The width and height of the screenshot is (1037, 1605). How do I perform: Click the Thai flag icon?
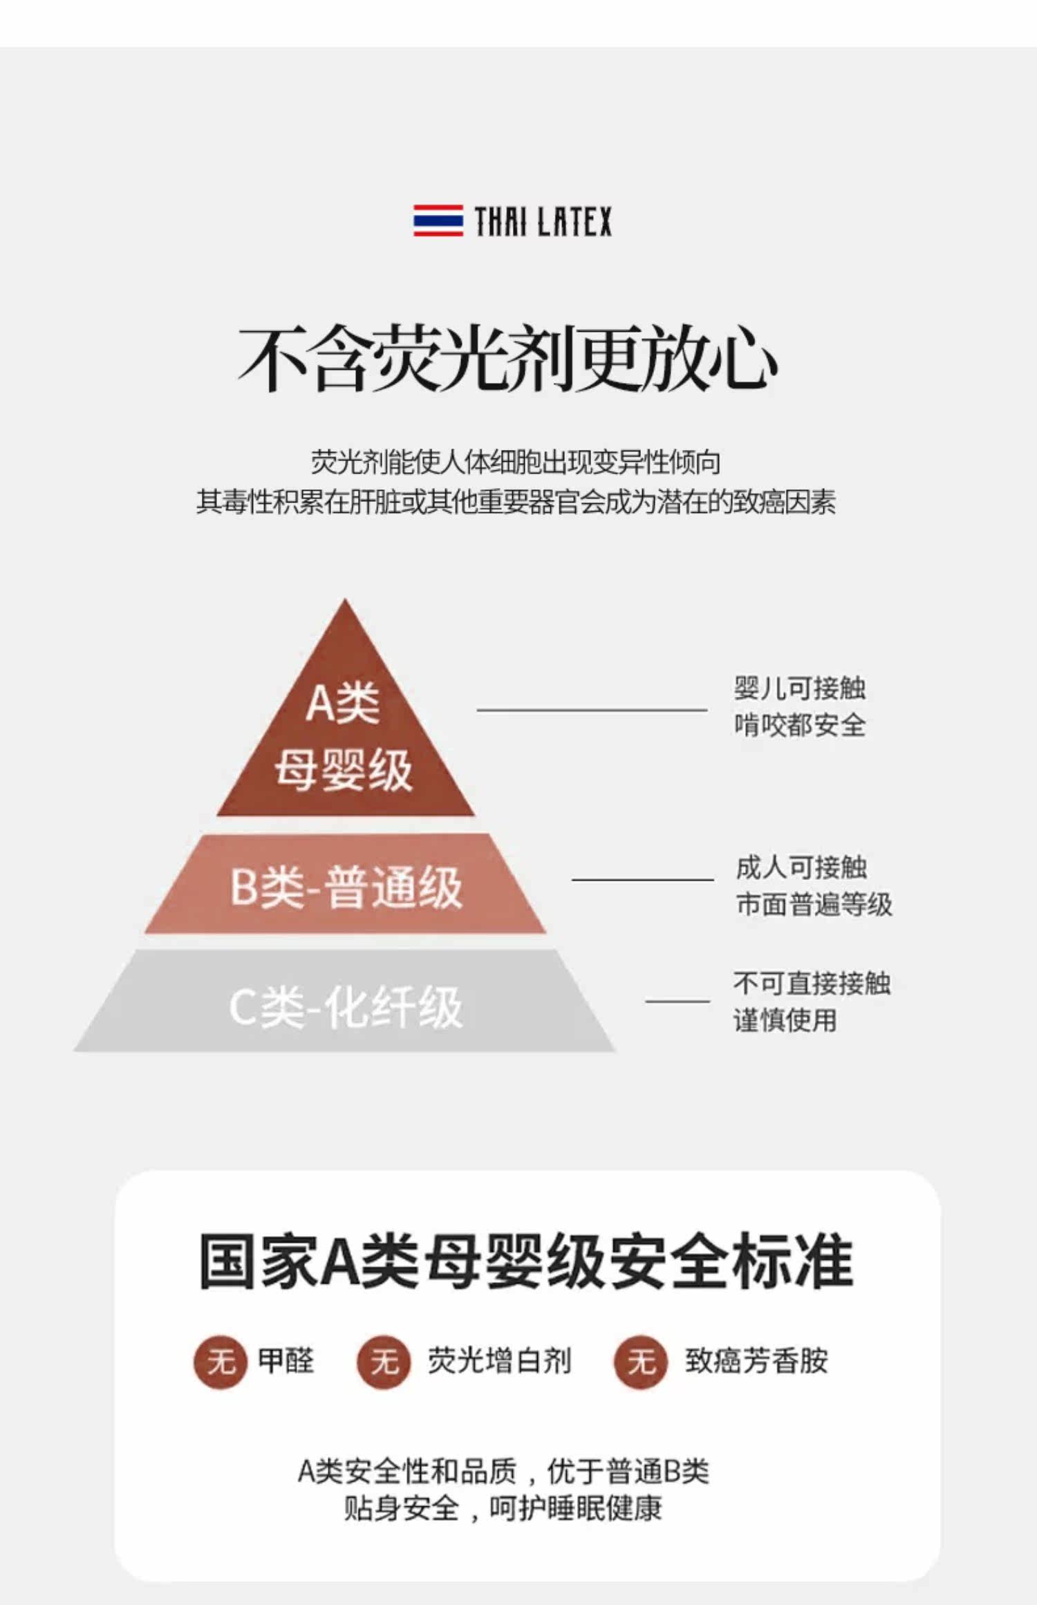click(438, 220)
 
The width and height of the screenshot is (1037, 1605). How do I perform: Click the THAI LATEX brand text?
click(543, 221)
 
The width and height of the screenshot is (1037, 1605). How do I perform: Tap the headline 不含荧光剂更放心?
click(508, 358)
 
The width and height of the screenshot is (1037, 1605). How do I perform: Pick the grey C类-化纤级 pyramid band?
click(345, 1001)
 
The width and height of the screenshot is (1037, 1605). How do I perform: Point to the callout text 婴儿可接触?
click(800, 688)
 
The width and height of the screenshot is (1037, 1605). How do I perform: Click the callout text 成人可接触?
click(801, 867)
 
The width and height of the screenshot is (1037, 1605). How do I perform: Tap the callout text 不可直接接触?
click(812, 983)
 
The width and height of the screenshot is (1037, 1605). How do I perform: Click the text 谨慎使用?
click(785, 1020)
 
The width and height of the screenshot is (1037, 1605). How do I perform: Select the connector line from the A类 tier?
click(592, 709)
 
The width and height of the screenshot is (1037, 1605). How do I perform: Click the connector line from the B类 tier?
click(642, 879)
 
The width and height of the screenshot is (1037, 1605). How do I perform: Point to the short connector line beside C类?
click(678, 1000)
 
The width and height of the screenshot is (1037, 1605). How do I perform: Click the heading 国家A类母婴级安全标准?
click(525, 1261)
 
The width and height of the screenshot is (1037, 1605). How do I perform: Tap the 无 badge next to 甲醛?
click(221, 1362)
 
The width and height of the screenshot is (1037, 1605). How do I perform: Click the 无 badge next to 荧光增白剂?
click(384, 1362)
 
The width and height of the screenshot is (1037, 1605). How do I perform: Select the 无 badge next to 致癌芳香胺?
click(641, 1362)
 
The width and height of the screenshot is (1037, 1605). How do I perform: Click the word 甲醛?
click(286, 1361)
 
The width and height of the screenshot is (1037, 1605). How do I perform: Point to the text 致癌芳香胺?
click(756, 1361)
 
